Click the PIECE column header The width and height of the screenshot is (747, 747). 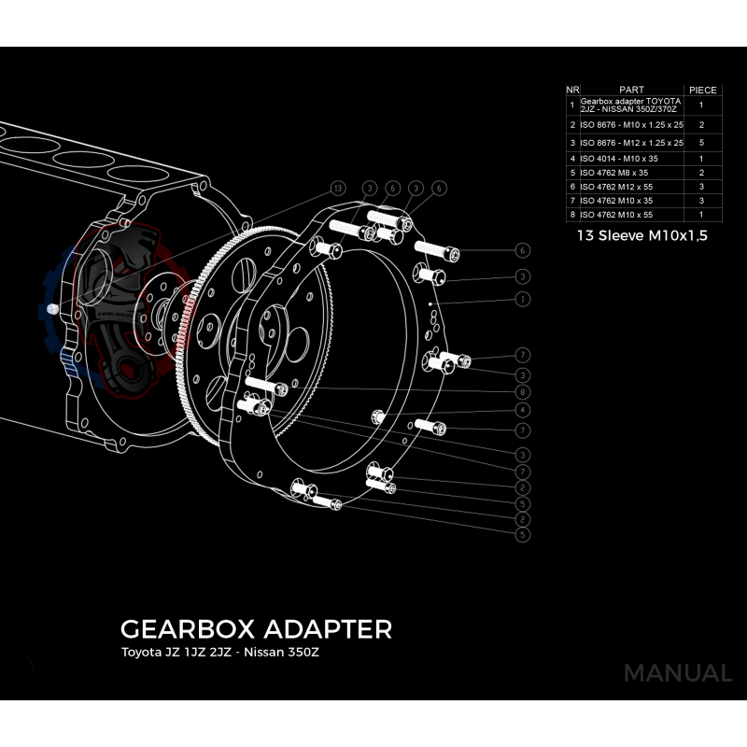click(x=703, y=90)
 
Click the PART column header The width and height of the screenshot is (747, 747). click(x=631, y=90)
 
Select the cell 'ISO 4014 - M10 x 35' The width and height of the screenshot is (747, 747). click(x=619, y=159)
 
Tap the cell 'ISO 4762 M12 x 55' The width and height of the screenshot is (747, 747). click(x=616, y=187)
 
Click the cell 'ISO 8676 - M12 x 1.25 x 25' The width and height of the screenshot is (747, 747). click(x=632, y=143)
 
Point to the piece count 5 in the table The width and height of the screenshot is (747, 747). click(x=701, y=143)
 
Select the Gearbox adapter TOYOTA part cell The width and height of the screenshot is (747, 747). click(x=631, y=105)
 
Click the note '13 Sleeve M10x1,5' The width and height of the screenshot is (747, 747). click(x=642, y=236)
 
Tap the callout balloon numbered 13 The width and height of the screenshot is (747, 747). click(x=338, y=188)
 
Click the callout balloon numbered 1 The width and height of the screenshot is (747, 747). click(x=523, y=299)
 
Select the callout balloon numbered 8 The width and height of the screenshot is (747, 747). click(x=523, y=392)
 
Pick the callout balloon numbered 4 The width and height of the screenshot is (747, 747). click(x=523, y=410)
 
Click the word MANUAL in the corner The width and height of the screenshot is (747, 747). click(x=678, y=673)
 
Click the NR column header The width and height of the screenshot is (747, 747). click(x=571, y=90)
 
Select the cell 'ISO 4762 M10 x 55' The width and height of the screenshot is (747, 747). click(x=616, y=215)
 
